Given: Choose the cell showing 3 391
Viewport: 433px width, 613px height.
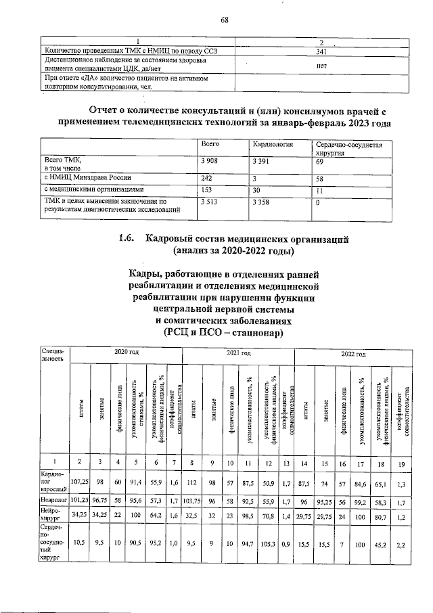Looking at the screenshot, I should [x=263, y=162].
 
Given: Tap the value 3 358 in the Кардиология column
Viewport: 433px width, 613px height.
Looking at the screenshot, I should [x=263, y=202].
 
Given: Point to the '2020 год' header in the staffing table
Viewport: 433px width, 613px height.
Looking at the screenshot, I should [x=127, y=354].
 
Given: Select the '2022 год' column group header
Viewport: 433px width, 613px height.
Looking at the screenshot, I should [x=352, y=354].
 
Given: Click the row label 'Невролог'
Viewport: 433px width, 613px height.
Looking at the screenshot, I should [x=55, y=501].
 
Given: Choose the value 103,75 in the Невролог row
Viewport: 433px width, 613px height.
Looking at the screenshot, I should [x=193, y=501].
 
